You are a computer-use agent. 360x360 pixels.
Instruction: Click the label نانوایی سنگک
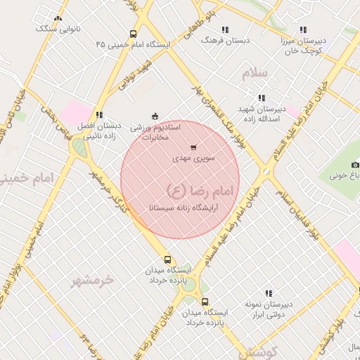[x=58, y=29]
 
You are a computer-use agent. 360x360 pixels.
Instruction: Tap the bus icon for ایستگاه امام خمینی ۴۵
[x=134, y=34]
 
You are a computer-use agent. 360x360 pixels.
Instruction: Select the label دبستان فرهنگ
[x=225, y=41]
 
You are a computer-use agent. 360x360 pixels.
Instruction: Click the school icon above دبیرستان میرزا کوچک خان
[x=303, y=30]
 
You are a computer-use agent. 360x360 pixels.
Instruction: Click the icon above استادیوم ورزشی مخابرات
[x=155, y=116]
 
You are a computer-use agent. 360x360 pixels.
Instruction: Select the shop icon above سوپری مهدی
[x=193, y=148]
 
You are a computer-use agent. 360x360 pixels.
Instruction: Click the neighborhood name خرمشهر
[x=91, y=280]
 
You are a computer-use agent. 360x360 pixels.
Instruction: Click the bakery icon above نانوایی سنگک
[x=58, y=19]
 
